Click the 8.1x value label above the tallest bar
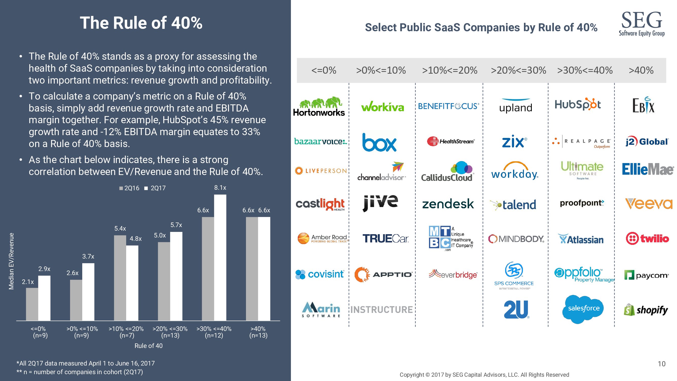220,187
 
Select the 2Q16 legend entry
129,188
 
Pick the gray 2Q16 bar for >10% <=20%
120,278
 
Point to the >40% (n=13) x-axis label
258,332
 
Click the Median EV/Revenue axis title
11,261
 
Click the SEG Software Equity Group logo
641,24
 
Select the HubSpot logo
578,104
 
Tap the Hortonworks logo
319,107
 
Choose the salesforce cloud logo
583,309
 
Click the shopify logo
646,310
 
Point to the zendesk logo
448,204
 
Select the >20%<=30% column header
518,70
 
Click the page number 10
661,364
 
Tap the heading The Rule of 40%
141,23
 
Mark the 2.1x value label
28,282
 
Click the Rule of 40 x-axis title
148,345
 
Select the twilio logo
647,239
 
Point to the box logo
379,142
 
